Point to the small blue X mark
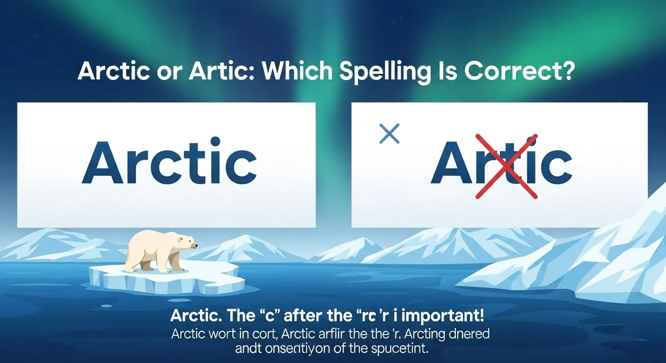tap(389, 134)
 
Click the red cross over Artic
tap(506, 165)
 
